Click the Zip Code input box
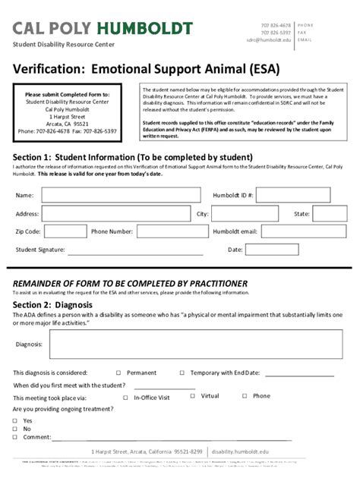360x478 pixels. pos(65,232)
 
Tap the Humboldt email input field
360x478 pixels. pos(303,232)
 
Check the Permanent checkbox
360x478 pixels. pos(118,373)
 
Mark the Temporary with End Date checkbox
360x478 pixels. pos(182,373)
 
